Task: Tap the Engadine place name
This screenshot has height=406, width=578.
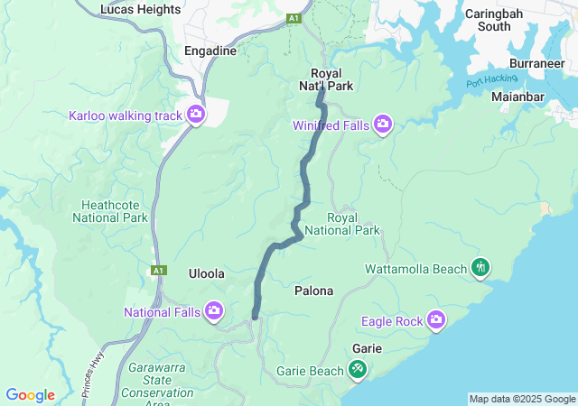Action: [x=210, y=51]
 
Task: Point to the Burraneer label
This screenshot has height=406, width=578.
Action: [x=536, y=65]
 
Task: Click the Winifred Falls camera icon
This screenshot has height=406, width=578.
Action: [x=383, y=124]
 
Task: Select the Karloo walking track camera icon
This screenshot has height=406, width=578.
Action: [x=195, y=115]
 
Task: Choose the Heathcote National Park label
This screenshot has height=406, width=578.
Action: [x=114, y=211]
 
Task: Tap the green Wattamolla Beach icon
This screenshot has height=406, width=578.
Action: [x=480, y=267]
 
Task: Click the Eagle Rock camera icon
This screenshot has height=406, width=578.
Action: [x=436, y=320]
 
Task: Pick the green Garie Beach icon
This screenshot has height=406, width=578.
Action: [x=358, y=369]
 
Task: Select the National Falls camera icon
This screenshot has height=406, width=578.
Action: [x=214, y=312]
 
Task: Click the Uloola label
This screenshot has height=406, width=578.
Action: [x=206, y=273]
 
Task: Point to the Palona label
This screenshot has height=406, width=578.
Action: [x=314, y=291]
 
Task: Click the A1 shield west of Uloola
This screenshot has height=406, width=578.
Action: [x=159, y=270]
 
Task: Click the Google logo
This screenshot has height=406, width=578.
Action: [x=31, y=395]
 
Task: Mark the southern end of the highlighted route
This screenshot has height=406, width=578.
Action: [x=256, y=317]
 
